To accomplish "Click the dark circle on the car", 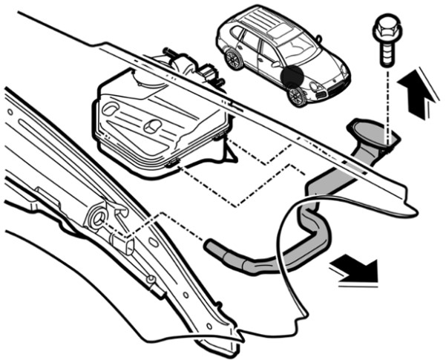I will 292,77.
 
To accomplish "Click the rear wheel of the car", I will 233,59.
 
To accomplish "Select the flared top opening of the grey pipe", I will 376,134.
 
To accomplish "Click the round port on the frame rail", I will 97,218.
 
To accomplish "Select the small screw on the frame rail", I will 151,279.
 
